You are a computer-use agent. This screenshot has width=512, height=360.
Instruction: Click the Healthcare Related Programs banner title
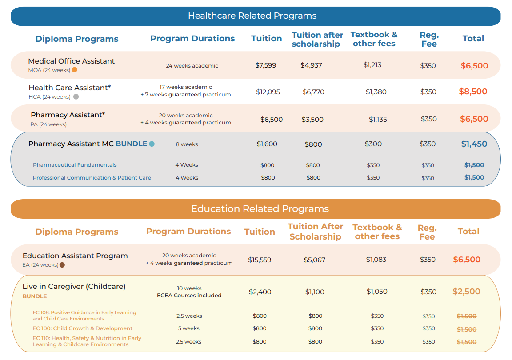[x=252, y=16]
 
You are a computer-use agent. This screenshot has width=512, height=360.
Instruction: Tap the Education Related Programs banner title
[x=260, y=209]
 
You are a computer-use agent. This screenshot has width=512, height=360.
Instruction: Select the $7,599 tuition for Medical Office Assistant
[x=265, y=65]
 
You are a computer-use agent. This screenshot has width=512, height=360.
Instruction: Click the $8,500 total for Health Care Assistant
[x=473, y=92]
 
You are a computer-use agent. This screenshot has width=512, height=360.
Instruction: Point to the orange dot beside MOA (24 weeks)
[x=75, y=70]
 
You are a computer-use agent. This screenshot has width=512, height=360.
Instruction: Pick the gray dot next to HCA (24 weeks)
[x=76, y=96]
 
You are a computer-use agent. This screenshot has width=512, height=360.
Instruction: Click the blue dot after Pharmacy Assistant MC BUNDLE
[x=152, y=144]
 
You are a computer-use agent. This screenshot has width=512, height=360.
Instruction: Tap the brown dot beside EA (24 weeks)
[x=62, y=264]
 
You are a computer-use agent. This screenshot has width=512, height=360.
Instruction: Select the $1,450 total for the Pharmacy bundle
[x=474, y=144]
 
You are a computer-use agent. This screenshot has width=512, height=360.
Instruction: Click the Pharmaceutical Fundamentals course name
[x=75, y=165]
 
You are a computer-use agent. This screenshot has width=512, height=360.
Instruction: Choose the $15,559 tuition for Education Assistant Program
[x=260, y=260]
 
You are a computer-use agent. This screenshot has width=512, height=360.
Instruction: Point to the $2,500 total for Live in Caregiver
[x=466, y=292]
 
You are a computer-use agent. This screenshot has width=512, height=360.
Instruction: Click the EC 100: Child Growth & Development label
[x=82, y=328]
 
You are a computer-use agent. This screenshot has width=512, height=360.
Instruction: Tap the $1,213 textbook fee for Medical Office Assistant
[x=372, y=65]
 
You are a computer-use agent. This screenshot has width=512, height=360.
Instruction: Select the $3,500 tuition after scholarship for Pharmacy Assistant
[x=312, y=119]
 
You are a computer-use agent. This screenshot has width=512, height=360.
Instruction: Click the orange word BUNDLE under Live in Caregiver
[x=35, y=296]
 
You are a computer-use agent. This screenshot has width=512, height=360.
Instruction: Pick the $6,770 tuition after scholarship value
[x=313, y=92]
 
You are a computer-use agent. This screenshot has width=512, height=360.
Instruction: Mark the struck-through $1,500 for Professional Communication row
[x=474, y=177]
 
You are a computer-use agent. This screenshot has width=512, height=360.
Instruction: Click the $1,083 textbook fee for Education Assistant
[x=376, y=260]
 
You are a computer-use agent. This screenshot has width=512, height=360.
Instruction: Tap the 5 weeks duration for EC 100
[x=189, y=328]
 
